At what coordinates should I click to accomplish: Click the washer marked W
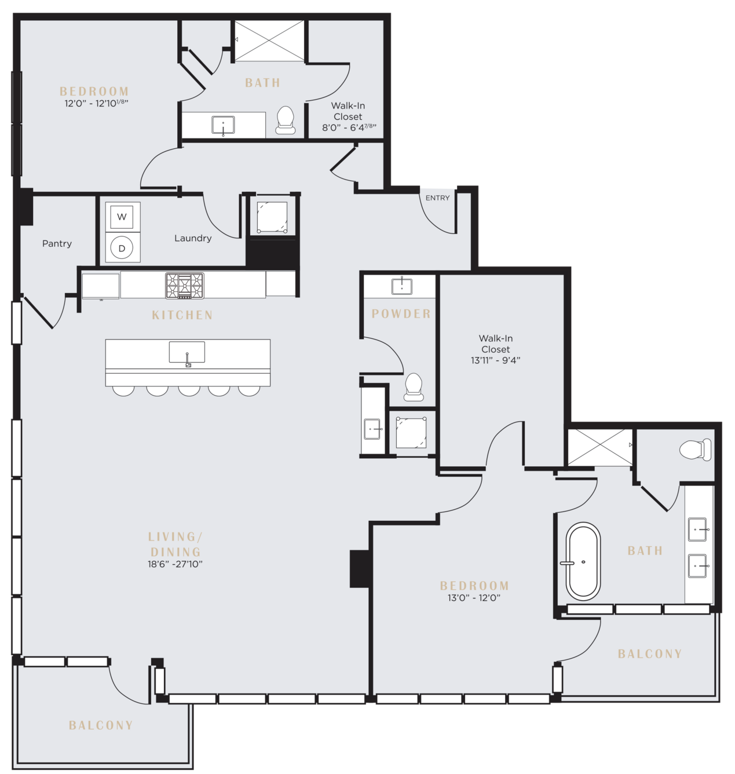pos(122,217)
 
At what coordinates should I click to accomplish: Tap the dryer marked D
pos(122,247)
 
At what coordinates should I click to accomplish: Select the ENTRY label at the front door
pos(437,198)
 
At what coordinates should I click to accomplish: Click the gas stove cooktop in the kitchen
pos(185,286)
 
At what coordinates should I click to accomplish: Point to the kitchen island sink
pos(187,352)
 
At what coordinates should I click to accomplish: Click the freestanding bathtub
pos(583,561)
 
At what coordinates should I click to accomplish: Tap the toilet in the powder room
pos(414,387)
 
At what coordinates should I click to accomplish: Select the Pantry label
pos(57,244)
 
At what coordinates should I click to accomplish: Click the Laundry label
pos(193,238)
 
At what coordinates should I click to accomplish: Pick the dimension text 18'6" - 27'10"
pos(175,564)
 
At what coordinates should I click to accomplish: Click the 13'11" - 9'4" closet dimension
pos(495,360)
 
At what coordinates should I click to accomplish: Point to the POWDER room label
pos(401,314)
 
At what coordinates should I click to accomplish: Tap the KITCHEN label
pos(182,315)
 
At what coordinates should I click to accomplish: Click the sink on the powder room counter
pos(401,286)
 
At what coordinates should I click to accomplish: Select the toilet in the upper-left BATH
pos(286,120)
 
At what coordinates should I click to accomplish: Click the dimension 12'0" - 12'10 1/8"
pos(97,104)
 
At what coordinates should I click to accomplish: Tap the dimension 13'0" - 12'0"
pos(474,598)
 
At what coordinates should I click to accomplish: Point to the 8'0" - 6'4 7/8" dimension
pos(349,127)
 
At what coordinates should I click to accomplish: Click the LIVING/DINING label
pos(175,544)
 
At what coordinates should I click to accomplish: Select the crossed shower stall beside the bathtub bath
pos(599,447)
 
